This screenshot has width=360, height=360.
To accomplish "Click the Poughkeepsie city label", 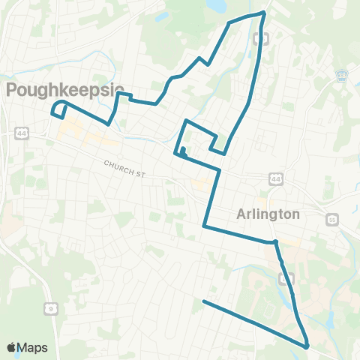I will coord(64,91).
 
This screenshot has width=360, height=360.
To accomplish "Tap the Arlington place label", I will coord(268,214).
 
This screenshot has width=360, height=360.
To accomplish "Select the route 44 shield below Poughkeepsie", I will coord(20,133).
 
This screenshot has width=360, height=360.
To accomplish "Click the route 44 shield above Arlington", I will coord(277,178).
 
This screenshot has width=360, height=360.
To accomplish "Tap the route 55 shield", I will coord(332,219).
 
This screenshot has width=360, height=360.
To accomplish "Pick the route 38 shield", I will coord(343,76).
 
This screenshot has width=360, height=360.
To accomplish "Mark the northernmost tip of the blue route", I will coord(264,12).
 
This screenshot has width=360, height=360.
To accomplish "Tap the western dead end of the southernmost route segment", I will coord(204,301).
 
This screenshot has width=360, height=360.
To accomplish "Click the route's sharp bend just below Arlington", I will coord(275,241).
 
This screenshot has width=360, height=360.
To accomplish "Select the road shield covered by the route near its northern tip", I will coord(261,37).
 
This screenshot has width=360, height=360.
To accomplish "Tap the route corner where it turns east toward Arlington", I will coord(204,224).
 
